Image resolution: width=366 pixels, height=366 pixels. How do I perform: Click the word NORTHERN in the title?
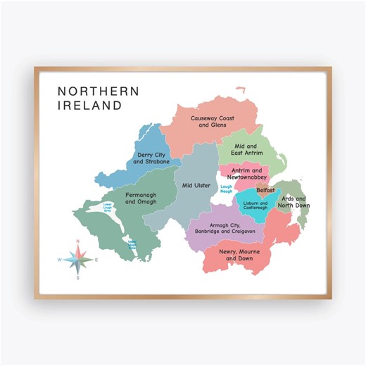pyautogui.click(x=98, y=91)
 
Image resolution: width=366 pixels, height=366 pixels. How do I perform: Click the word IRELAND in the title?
pyautogui.click(x=89, y=106)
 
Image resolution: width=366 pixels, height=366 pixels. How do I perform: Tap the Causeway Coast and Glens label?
pyautogui.click(x=212, y=122)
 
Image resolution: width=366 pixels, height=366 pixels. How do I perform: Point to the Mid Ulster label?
pyautogui.click(x=196, y=186)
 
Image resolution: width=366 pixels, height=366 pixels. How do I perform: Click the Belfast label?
pyautogui.click(x=265, y=190)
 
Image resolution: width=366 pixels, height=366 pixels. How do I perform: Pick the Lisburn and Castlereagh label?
pyautogui.click(x=255, y=206)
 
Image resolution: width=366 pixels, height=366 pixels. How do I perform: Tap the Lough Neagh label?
pyautogui.click(x=226, y=189)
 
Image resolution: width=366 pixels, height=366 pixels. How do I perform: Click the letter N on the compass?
pyautogui.click(x=78, y=241)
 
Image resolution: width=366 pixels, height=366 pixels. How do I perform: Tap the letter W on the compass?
pyautogui.click(x=60, y=260)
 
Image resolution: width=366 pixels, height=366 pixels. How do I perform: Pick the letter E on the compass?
pyautogui.click(x=96, y=260)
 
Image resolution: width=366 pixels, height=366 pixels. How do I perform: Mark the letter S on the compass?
pyautogui.click(x=78, y=278)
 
